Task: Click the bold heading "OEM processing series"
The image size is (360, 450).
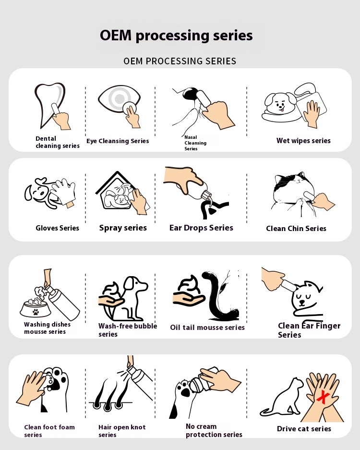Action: tap(176, 36)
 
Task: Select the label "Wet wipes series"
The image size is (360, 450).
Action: tap(303, 141)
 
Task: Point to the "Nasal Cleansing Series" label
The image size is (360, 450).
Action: tap(195, 143)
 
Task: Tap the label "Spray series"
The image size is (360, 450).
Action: tap(123, 228)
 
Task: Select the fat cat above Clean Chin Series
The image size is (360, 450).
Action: tap(293, 192)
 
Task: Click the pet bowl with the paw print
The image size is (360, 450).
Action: tap(36, 308)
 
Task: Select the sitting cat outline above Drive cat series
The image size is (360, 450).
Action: tap(283, 398)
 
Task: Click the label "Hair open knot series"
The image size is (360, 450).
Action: tap(122, 431)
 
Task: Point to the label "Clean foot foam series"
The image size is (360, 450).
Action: tap(49, 431)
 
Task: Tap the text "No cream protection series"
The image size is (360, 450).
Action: tap(214, 430)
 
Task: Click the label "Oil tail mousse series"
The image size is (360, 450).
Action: tap(207, 328)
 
